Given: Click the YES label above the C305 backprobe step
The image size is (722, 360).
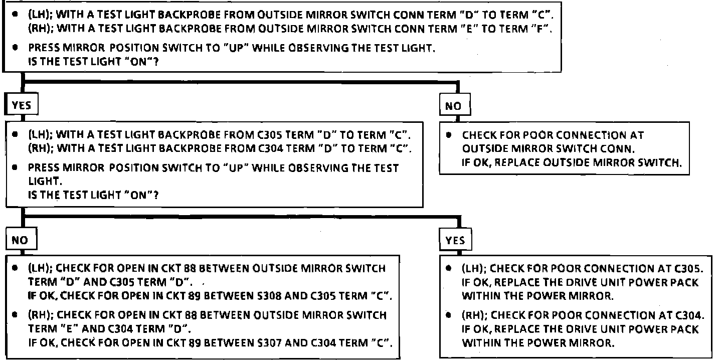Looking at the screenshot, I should (21, 105).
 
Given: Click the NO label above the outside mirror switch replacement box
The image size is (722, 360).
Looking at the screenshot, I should (454, 106).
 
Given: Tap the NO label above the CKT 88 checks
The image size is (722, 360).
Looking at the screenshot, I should (20, 240).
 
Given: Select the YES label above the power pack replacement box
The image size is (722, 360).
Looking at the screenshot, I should (455, 241).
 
